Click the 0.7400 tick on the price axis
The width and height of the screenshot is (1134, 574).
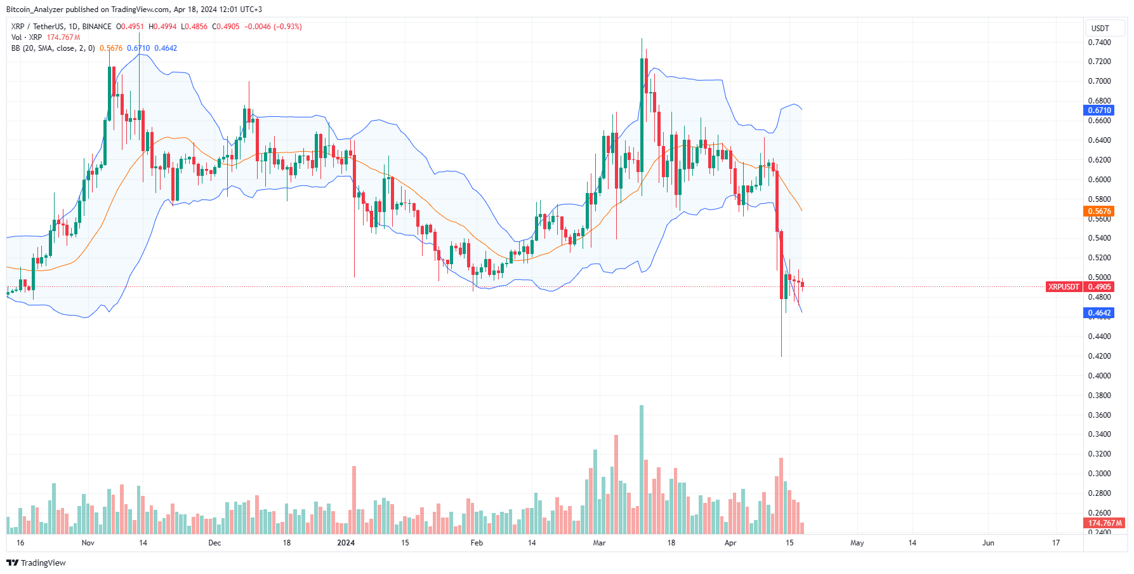tap(1099, 43)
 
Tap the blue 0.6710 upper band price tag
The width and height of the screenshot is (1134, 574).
tap(1099, 110)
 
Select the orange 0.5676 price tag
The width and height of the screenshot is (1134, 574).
tap(1099, 211)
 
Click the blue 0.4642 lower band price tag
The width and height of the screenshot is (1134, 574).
tap(1099, 313)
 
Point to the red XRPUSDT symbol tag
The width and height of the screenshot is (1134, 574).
tap(1064, 287)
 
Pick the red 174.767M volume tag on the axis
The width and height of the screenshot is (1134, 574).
tap(1105, 523)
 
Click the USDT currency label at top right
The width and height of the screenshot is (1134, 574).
tap(1100, 29)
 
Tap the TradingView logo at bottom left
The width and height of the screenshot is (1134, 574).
tap(36, 563)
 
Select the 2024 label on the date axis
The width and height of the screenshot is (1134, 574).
tap(346, 543)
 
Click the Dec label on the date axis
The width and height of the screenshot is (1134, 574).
tap(214, 543)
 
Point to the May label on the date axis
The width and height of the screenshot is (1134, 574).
tap(857, 543)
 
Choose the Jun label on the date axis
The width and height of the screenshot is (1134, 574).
tap(988, 543)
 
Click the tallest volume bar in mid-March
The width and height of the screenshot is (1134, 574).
tap(642, 470)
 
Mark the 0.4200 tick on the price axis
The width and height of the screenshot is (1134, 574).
tap(1099, 356)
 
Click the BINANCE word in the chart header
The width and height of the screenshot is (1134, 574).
tap(96, 27)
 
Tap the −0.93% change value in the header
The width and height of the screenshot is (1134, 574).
tap(287, 27)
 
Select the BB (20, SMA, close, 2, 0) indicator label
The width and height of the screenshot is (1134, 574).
tap(53, 48)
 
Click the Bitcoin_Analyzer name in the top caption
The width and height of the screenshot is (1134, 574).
tap(34, 10)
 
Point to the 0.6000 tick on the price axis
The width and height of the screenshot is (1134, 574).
tap(1099, 180)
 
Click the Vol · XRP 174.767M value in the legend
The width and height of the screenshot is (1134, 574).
tap(63, 37)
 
